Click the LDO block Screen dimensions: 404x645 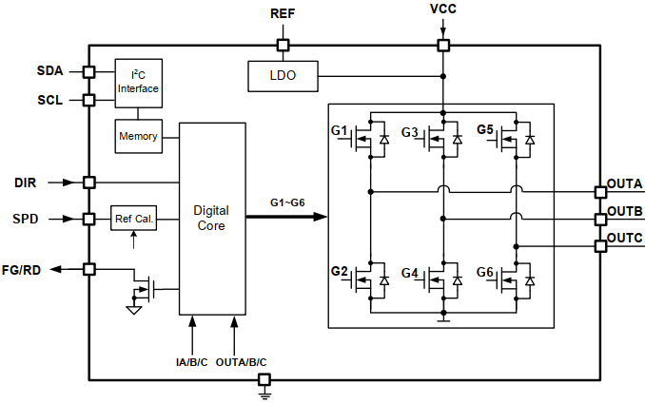pyautogui.click(x=283, y=74)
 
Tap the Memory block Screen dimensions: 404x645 pyautogui.click(x=138, y=136)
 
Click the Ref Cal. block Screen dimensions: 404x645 pyautogui.click(x=132, y=219)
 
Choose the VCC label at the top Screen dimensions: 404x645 pyautogui.click(x=443, y=11)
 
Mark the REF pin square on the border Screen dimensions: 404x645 pyautogui.click(x=283, y=44)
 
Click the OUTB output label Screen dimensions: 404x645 pyautogui.click(x=625, y=210)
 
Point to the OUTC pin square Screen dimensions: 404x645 pyautogui.click(x=600, y=246)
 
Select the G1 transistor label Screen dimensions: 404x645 pyautogui.click(x=340, y=129)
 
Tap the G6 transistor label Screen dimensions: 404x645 pyautogui.click(x=485, y=272)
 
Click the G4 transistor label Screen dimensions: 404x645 pyautogui.click(x=410, y=273)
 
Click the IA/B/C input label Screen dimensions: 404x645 pyautogui.click(x=193, y=362)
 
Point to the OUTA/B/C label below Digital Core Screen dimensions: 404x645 pyautogui.click(x=243, y=362)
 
